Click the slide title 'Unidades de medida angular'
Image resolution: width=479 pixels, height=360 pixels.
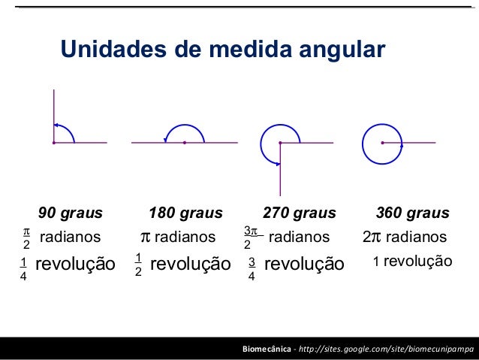coord(222,50)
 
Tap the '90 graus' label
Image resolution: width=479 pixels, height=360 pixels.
coord(71,213)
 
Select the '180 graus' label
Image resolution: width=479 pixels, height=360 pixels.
coord(185,213)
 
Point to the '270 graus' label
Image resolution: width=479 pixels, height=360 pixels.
coord(299,213)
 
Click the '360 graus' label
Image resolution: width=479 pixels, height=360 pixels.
coord(412,213)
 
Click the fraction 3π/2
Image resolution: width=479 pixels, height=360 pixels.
coord(250,237)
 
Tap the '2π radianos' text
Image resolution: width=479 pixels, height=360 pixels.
coord(404,237)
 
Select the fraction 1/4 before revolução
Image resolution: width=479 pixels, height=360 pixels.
coord(24,268)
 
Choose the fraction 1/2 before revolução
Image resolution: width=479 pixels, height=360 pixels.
coord(138,265)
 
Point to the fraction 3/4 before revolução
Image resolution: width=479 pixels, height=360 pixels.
coord(252,269)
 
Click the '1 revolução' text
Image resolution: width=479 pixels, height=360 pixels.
coord(412,262)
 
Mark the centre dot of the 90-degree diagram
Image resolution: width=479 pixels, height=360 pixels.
coord(54,142)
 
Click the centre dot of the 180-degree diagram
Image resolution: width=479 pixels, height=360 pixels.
coord(185,142)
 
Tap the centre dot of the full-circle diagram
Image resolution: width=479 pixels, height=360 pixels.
coord(382,142)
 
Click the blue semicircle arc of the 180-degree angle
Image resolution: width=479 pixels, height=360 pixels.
coord(185,124)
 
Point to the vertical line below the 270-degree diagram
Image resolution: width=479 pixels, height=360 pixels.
coord(280,173)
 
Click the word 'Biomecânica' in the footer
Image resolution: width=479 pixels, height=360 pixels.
coord(267,350)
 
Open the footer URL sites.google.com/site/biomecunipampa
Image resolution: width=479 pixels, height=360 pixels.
coord(387,350)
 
